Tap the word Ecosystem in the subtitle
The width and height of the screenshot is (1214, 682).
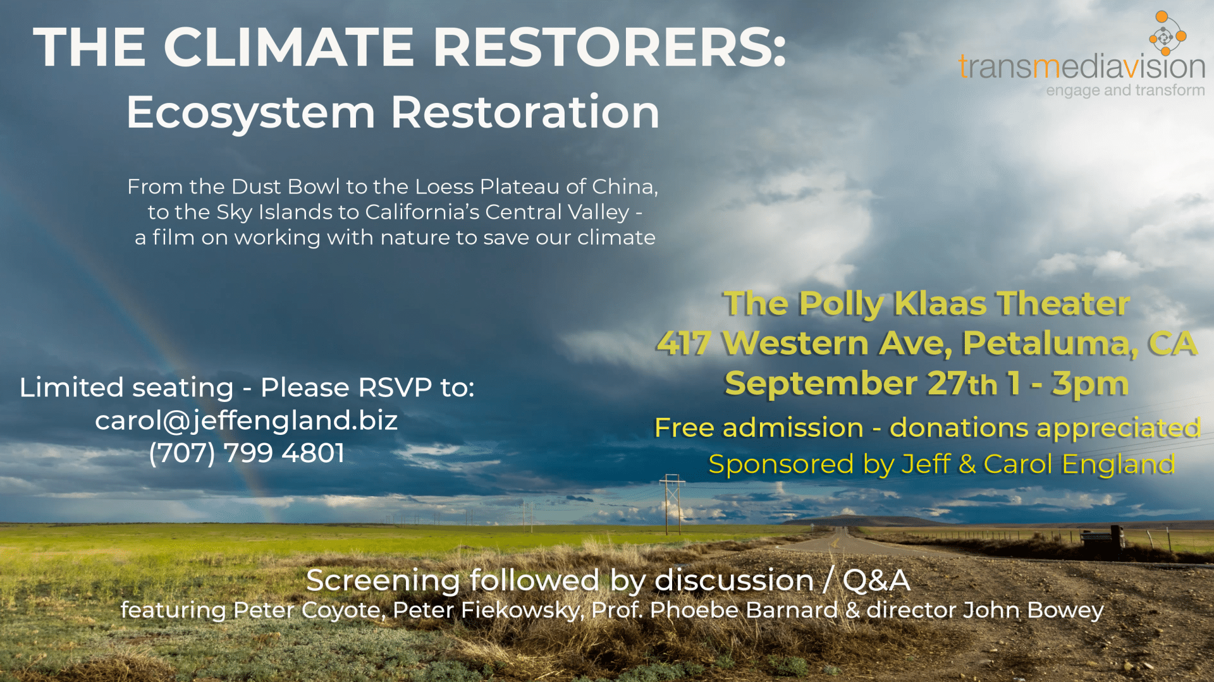pyautogui.click(x=250, y=113)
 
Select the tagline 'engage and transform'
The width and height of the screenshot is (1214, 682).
pyautogui.click(x=1125, y=90)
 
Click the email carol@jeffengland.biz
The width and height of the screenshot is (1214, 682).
pyautogui.click(x=247, y=420)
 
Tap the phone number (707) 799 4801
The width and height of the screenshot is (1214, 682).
pyautogui.click(x=247, y=453)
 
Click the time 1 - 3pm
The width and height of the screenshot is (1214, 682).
pyautogui.click(x=1069, y=384)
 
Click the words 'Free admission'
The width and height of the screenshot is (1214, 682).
pyautogui.click(x=759, y=428)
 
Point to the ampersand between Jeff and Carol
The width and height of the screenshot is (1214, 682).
pyautogui.click(x=967, y=465)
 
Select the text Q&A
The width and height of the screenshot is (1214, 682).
pyautogui.click(x=876, y=580)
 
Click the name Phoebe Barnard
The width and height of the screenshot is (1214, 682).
pyautogui.click(x=744, y=611)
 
